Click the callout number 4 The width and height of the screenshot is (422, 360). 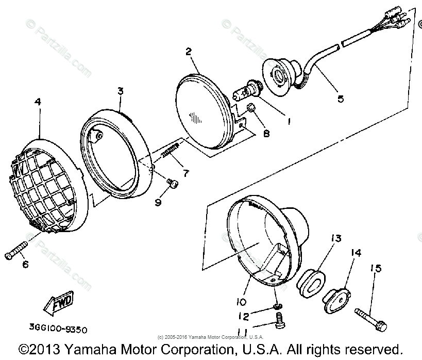pos(38,102)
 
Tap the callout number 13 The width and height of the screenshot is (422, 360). pos(336,239)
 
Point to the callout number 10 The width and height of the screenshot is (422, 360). pos(243,301)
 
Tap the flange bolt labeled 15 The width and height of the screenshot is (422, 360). pos(372,315)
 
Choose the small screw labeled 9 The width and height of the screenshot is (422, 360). pos(174,183)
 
